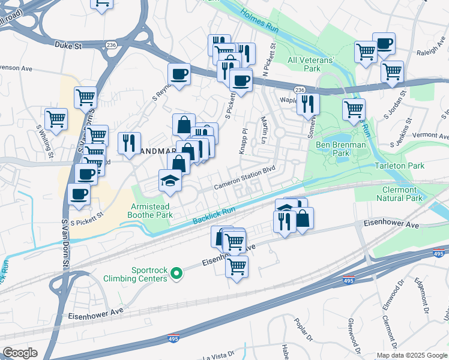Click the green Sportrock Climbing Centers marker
tap(176, 274)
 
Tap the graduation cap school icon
tap(170, 180)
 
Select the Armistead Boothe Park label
tap(151, 210)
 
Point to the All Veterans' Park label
tap(312, 64)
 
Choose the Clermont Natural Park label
tap(399, 193)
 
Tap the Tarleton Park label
tap(399, 166)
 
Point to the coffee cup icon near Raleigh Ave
tap(384, 43)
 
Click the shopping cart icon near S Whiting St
tap(56, 118)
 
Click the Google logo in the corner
tap(20, 353)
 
